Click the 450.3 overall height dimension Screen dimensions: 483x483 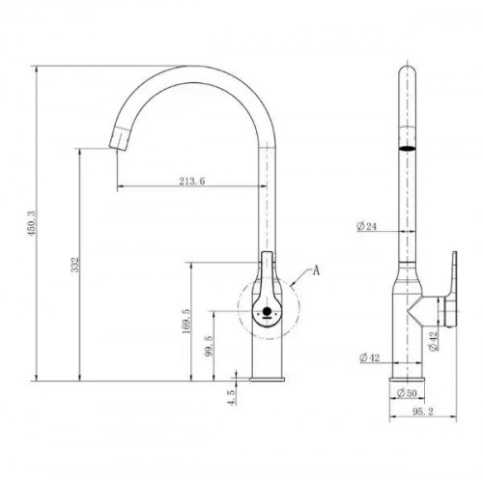pyautogui.click(x=32, y=223)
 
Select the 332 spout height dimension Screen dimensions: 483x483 pyautogui.click(x=75, y=265)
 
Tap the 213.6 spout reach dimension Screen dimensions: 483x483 pyautogui.click(x=192, y=182)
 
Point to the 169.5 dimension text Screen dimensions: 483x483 pyautogui.click(x=186, y=322)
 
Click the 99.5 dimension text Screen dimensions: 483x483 pyautogui.click(x=209, y=346)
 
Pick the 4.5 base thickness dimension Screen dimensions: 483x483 pyautogui.click(x=231, y=397)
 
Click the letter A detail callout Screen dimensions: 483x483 pyautogui.click(x=317, y=270)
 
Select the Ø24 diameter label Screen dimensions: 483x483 pyautogui.click(x=366, y=226)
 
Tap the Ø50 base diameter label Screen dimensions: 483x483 pyautogui.click(x=407, y=393)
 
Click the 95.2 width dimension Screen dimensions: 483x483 pyautogui.click(x=423, y=412)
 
